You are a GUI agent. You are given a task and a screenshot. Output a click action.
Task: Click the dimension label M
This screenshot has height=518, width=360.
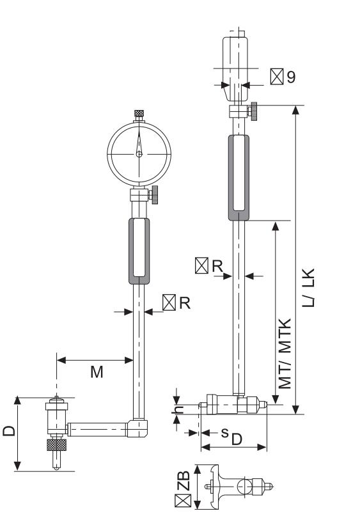click(97, 372)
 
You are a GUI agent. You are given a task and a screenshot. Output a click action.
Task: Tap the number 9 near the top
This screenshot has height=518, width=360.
click(291, 77)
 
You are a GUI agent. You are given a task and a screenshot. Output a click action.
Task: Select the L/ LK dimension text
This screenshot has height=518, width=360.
click(308, 288)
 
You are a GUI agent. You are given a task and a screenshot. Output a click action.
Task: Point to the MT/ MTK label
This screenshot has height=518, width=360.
click(285, 354)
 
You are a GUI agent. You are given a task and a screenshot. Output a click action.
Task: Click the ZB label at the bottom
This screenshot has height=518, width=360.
click(184, 481)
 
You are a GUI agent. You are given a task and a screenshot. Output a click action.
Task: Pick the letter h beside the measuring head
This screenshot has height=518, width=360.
click(178, 409)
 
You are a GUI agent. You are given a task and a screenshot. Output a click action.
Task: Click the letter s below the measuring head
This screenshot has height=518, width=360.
click(224, 432)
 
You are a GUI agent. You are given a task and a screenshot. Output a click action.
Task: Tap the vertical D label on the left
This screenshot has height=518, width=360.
click(9, 431)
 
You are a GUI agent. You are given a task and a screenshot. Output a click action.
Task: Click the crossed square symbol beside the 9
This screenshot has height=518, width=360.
click(277, 77)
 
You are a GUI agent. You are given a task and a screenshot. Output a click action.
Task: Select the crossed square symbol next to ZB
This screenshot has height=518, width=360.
click(183, 501)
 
